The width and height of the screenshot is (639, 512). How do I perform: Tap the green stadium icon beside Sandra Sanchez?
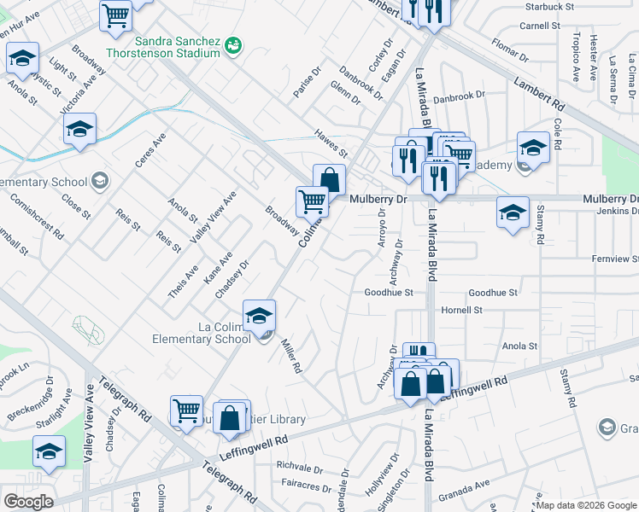click(232, 44)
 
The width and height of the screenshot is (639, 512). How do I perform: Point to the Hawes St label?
click(331, 143)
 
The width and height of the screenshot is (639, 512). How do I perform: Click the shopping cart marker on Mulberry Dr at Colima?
click(312, 201)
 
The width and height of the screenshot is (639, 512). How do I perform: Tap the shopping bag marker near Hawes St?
click(329, 179)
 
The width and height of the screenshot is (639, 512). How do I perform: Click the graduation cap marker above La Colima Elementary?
click(260, 315)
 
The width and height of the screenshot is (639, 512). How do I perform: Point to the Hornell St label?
click(462, 310)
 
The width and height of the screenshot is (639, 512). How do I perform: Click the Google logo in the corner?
click(28, 501)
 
